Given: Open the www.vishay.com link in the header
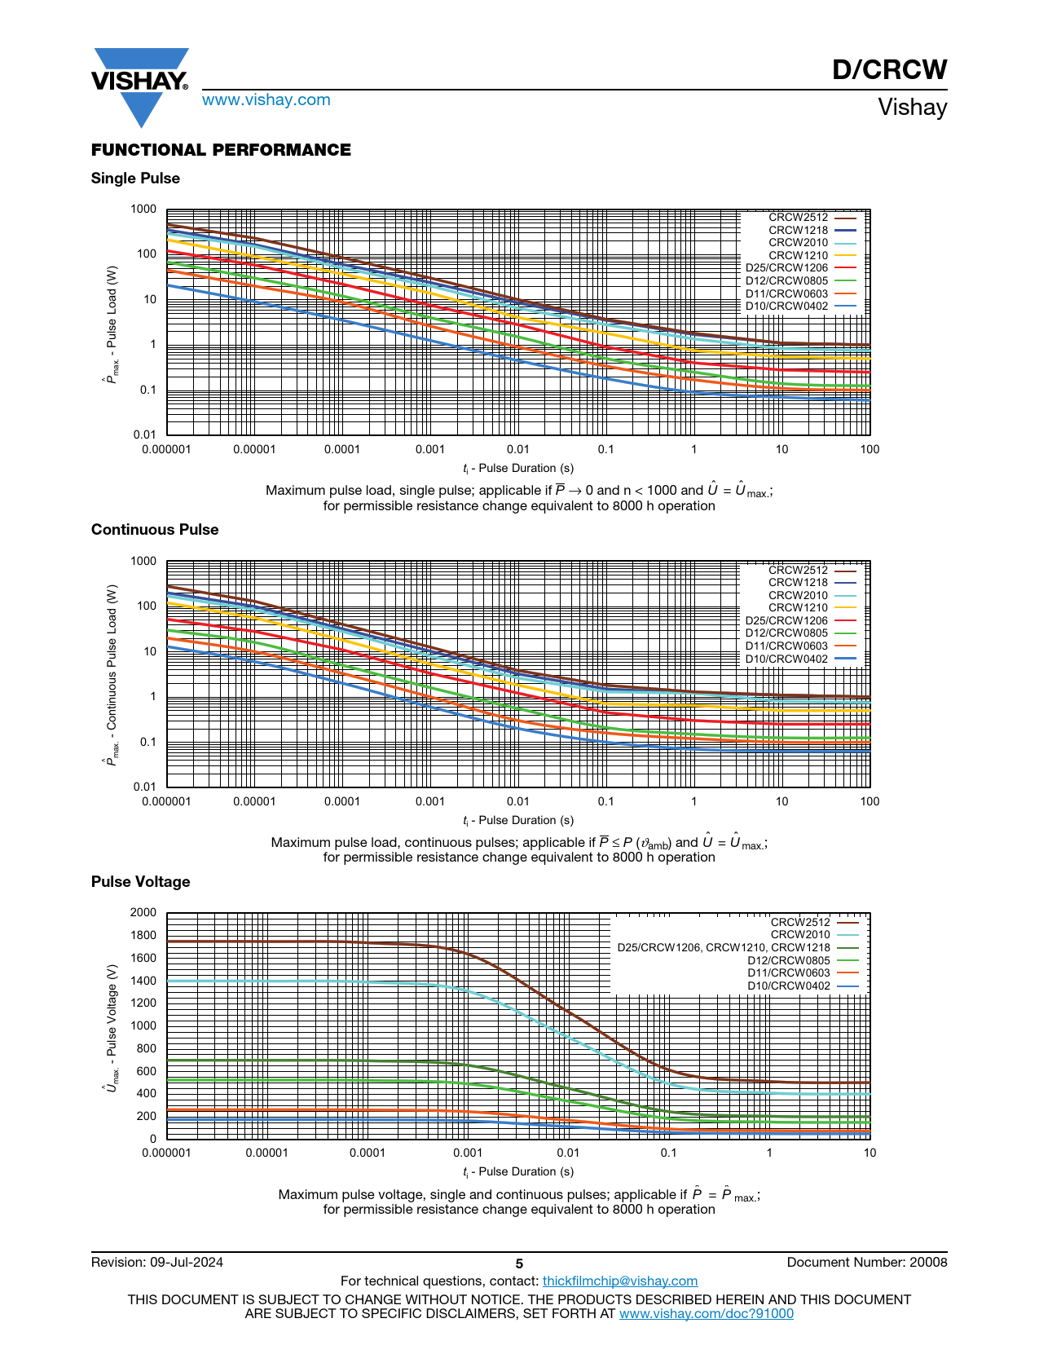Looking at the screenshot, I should (x=266, y=100).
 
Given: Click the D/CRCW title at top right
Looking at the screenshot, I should (x=889, y=70).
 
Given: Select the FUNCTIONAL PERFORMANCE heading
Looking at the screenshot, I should (x=221, y=150).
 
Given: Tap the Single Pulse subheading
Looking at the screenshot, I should (x=135, y=179).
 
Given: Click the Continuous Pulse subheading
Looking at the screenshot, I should (x=155, y=530).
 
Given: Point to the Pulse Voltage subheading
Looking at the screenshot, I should (x=140, y=882).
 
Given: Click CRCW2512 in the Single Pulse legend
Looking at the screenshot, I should (x=798, y=218).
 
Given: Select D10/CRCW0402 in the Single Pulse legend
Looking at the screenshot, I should (x=786, y=306).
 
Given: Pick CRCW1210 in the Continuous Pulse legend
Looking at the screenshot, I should (x=798, y=608).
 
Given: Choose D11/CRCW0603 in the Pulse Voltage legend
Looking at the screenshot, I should (x=789, y=973).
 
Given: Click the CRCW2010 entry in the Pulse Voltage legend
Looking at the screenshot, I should (x=800, y=935).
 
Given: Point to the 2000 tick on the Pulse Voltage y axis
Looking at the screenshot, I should (x=143, y=913).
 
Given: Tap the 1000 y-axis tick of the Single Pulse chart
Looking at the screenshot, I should (x=143, y=209).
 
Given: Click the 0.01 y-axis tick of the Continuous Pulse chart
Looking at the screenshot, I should (x=144, y=787).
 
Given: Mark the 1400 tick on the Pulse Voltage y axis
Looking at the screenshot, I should (x=143, y=981).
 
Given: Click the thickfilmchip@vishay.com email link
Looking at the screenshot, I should (x=620, y=1281).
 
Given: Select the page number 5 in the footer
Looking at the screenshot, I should (x=519, y=1264).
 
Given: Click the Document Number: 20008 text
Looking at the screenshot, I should (x=867, y=1263).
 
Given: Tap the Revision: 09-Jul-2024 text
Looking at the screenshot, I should (x=157, y=1263).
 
